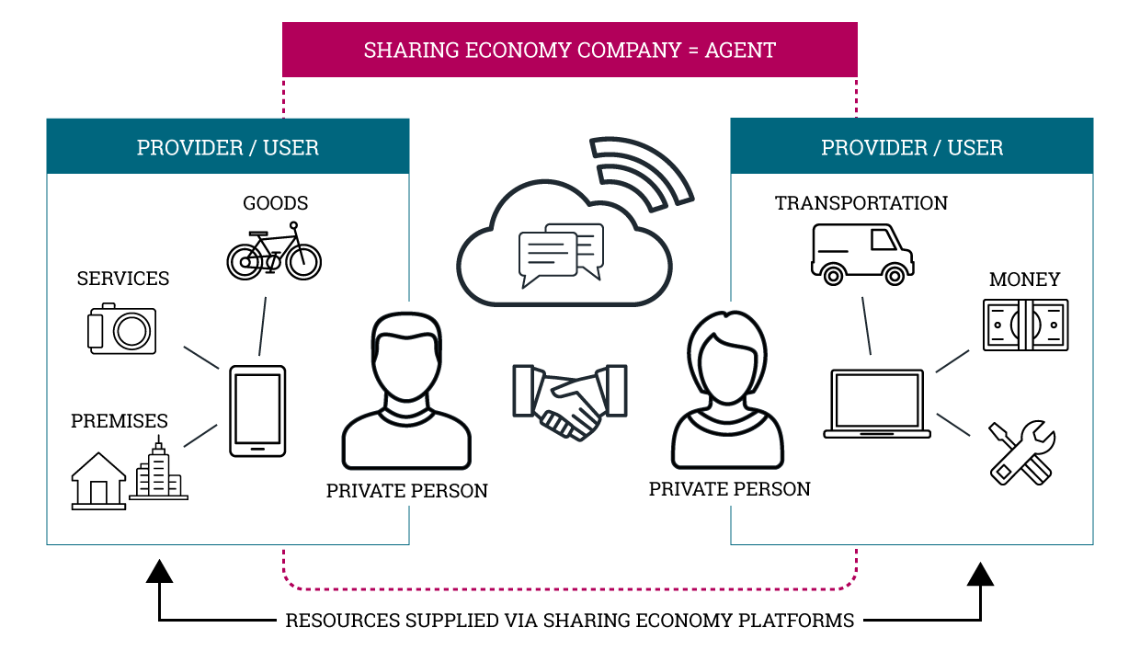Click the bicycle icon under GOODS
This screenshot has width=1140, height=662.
pyautogui.click(x=274, y=251)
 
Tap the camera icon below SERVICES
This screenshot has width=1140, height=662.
pyautogui.click(x=122, y=328)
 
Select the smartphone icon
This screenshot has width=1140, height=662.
pyautogui.click(x=257, y=411)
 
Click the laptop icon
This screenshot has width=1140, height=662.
pyautogui.click(x=876, y=404)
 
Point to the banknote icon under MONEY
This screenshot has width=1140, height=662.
pyautogui.click(x=1025, y=325)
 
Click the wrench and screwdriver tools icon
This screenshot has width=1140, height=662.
pyautogui.click(x=1021, y=452)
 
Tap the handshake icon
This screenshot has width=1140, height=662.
pyautogui.click(x=570, y=397)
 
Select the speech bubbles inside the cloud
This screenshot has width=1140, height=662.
pyautogui.click(x=562, y=253)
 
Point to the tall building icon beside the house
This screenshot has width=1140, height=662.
pyautogui.click(x=158, y=470)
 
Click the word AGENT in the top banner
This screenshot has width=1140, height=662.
pyautogui.click(x=740, y=50)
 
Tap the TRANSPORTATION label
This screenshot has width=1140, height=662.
pyautogui.click(x=861, y=203)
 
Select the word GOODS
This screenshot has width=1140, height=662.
pyautogui.click(x=275, y=203)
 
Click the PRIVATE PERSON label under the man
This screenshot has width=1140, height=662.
pyautogui.click(x=406, y=491)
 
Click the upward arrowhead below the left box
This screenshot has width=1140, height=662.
pyautogui.click(x=160, y=573)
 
